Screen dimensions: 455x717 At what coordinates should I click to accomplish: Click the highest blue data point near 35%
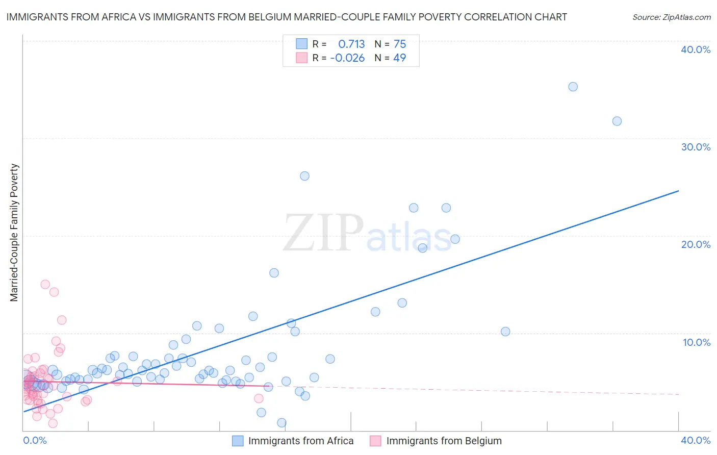[573, 87]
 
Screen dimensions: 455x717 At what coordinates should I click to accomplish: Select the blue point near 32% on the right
[617, 121]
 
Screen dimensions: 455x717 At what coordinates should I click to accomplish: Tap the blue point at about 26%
[304, 176]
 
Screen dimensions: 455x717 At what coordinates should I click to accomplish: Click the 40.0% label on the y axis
[696, 49]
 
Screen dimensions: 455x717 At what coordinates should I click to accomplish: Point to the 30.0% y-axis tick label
[696, 147]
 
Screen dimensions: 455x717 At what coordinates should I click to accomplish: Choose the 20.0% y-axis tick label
[696, 244]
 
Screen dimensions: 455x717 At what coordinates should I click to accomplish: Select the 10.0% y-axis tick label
[697, 342]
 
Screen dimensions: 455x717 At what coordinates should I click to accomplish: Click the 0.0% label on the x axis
[35, 440]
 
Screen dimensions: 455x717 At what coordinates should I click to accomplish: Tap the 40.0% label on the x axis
[696, 440]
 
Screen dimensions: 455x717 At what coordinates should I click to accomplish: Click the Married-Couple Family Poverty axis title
[14, 233]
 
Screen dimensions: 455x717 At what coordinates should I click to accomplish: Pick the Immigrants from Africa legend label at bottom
[300, 441]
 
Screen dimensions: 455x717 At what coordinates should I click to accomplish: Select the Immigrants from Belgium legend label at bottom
[444, 441]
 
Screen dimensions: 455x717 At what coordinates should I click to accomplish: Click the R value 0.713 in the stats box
[351, 44]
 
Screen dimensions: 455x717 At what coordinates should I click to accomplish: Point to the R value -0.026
[347, 58]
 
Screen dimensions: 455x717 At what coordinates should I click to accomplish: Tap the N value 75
[400, 44]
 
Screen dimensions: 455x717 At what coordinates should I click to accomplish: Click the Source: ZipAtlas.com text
[671, 17]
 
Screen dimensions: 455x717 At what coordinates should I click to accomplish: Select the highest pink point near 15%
[45, 284]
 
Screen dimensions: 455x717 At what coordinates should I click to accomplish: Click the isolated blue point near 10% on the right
[505, 332]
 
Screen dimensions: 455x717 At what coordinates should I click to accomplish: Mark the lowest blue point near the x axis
[281, 423]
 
